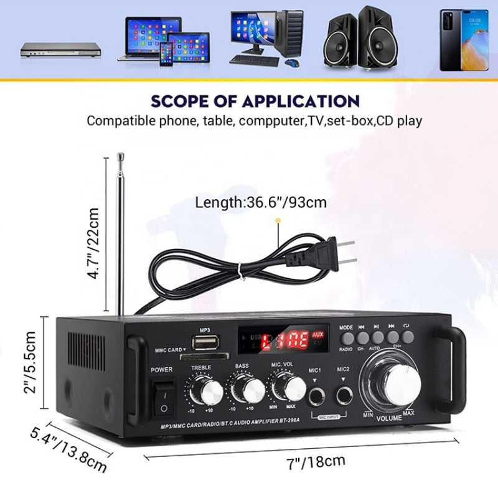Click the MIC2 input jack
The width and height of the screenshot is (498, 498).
343,394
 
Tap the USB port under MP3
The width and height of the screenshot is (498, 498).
205,343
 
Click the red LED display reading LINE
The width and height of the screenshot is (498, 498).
284,340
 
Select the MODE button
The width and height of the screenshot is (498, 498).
346,338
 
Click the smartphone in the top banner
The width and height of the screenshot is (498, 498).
464,40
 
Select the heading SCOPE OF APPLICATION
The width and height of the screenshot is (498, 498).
255,101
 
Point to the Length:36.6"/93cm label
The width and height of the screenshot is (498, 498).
261,202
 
